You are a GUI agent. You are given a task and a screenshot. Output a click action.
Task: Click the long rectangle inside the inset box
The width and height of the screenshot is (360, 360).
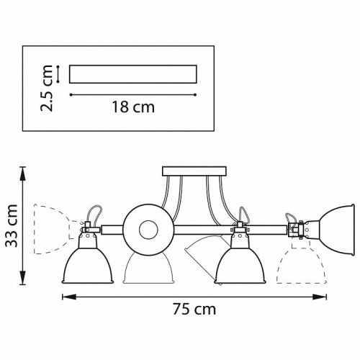[132, 74]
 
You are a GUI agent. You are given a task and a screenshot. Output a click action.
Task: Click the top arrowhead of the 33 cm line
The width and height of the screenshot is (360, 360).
[24, 170]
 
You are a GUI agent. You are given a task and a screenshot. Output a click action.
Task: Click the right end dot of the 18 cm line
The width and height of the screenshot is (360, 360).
[196, 94]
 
